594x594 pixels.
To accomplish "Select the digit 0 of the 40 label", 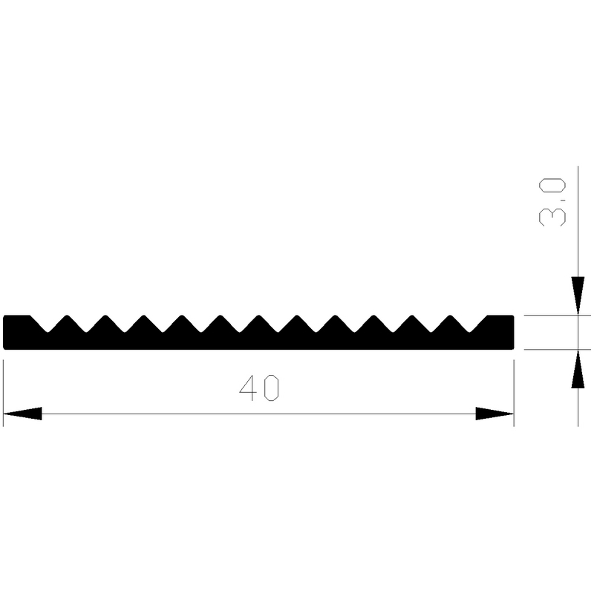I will (x=270, y=388).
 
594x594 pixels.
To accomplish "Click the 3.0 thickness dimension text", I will (x=555, y=201).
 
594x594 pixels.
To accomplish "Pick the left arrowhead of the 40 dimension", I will (x=22, y=414).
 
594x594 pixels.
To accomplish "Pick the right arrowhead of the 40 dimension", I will (x=495, y=414).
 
